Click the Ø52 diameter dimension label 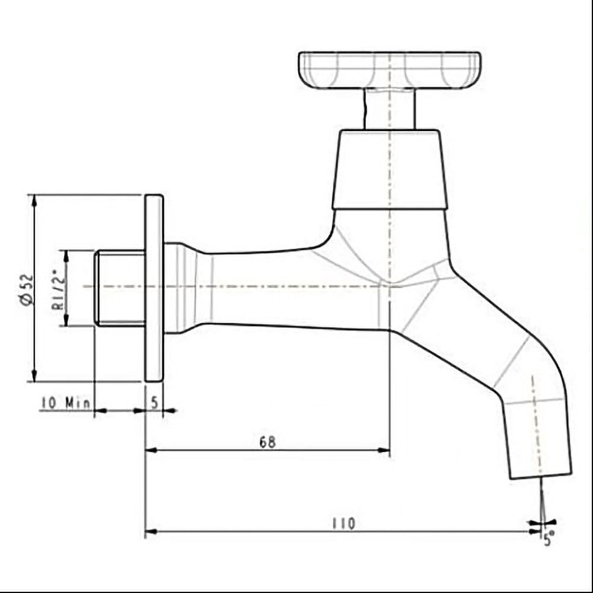tap(27, 290)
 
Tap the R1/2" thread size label tap(59, 289)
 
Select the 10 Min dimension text tap(65, 403)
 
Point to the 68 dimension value tap(267, 442)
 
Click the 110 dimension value tap(344, 524)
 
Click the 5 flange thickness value tap(154, 403)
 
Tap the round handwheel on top tap(390, 71)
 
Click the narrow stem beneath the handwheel tap(389, 109)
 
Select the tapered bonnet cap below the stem tap(390, 170)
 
